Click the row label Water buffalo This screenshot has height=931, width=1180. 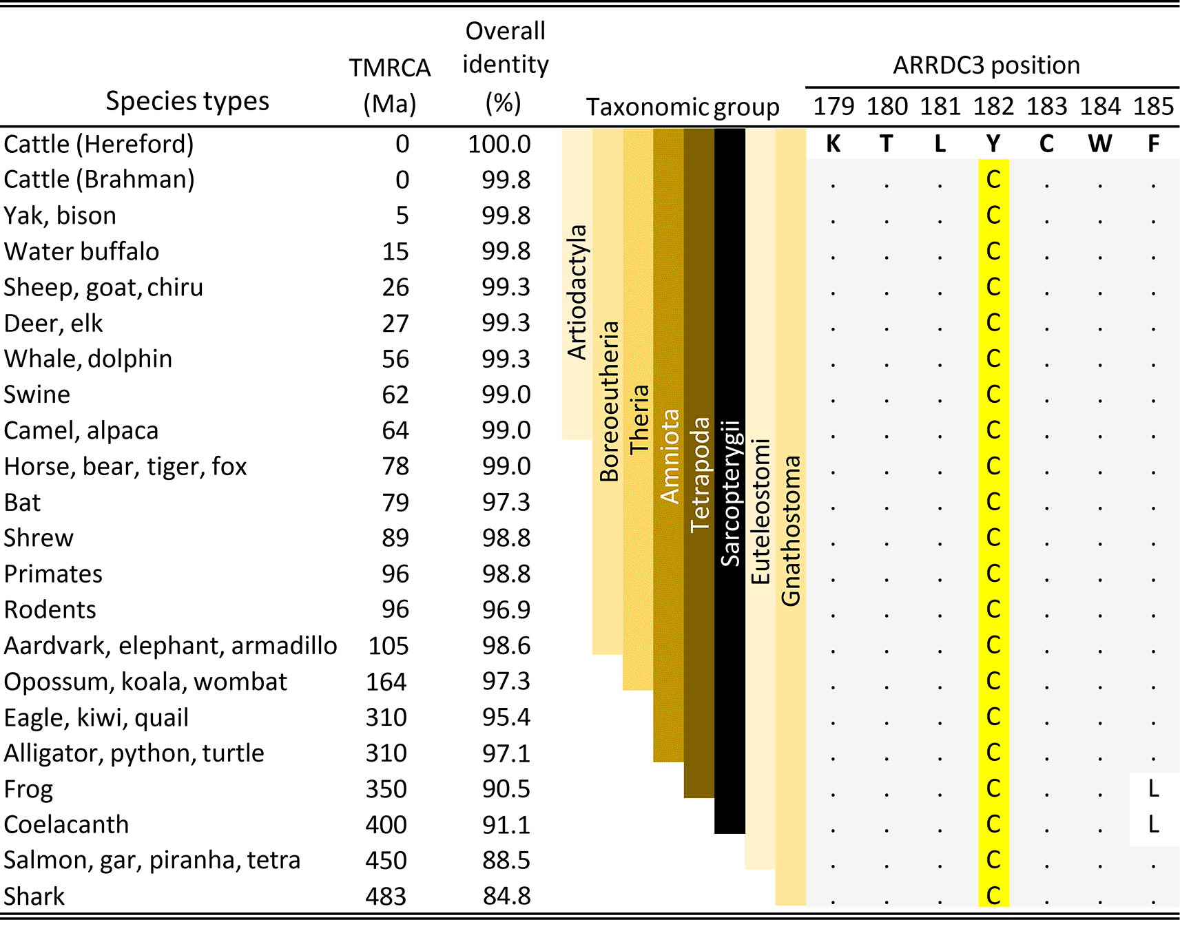pyautogui.click(x=81, y=252)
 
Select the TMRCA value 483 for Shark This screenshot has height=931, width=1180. pyautogui.click(x=386, y=896)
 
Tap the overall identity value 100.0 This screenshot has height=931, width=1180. pyautogui.click(x=499, y=144)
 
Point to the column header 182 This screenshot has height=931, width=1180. pyautogui.click(x=993, y=107)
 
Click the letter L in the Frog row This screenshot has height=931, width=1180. pyautogui.click(x=1154, y=788)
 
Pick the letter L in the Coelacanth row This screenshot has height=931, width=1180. pyautogui.click(x=1154, y=824)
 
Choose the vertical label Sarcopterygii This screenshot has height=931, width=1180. pyautogui.click(x=730, y=493)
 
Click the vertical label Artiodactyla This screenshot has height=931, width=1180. pyautogui.click(x=577, y=292)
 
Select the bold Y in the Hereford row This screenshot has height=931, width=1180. pyautogui.click(x=993, y=144)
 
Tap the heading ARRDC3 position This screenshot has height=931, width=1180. pyautogui.click(x=986, y=65)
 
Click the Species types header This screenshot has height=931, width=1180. pyautogui.click(x=187, y=101)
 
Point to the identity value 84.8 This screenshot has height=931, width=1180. pyautogui.click(x=506, y=896)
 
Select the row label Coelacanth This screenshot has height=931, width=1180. pyautogui.click(x=66, y=824)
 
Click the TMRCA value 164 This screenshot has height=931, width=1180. pyautogui.click(x=386, y=682)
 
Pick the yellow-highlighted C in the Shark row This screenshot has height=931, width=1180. pyautogui.click(x=993, y=895)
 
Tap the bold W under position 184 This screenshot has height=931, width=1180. pyautogui.click(x=1100, y=144)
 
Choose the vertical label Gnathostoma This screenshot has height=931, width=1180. pyautogui.click(x=791, y=530)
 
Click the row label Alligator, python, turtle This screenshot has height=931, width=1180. pyautogui.click(x=134, y=753)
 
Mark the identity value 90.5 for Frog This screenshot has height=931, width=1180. pyautogui.click(x=506, y=788)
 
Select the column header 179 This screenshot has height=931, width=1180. pyautogui.click(x=834, y=107)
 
